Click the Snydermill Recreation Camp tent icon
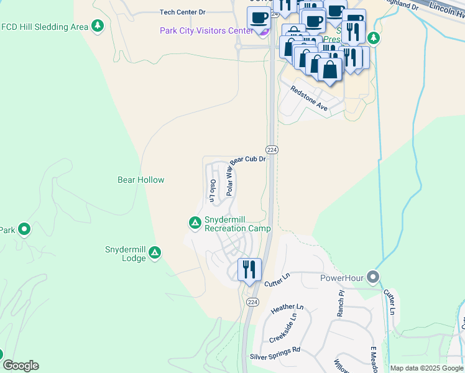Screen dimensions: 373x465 pos(195,222)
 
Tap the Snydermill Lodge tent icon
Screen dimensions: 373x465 pos(155,253)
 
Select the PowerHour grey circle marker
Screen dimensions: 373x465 pos(372,277)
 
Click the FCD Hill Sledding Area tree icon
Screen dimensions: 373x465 pos(97,26)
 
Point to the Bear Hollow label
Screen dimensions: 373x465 pos(141,180)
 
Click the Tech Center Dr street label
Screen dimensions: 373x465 pos(182,12)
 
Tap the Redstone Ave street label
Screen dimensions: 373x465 pos(309,98)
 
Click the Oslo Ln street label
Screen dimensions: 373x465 pos(213,191)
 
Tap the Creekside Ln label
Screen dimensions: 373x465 pos(283,328)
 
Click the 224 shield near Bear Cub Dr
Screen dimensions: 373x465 pos(272,150)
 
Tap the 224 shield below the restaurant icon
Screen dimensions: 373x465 pos(252,302)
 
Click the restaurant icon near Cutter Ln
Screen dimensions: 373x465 pos(249,270)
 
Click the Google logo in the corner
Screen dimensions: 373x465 pos(21,366)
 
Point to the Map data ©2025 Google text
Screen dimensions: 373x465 pos(426,368)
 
